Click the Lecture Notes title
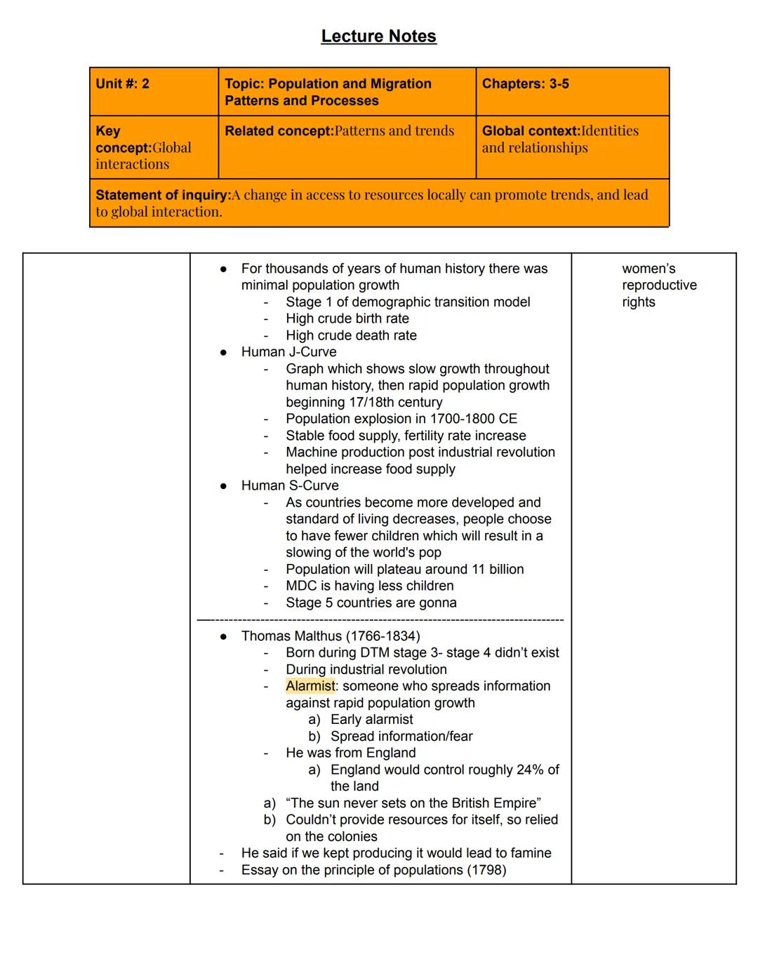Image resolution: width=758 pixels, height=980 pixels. click(x=378, y=36)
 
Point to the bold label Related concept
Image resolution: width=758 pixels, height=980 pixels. click(x=279, y=131)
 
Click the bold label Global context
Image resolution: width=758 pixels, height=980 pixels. click(x=531, y=131)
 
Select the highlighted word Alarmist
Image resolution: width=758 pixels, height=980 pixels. click(x=310, y=686)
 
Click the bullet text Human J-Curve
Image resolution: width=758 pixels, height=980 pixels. click(x=288, y=352)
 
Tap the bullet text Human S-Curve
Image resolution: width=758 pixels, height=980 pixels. click(x=289, y=485)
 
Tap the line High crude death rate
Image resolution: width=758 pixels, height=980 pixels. click(x=351, y=335)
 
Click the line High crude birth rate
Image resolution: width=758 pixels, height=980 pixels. click(x=347, y=318)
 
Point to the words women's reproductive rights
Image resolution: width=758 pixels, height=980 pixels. click(x=658, y=286)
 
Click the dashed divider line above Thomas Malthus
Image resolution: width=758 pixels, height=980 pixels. click(x=380, y=620)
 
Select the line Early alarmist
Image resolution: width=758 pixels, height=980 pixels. click(x=371, y=720)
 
